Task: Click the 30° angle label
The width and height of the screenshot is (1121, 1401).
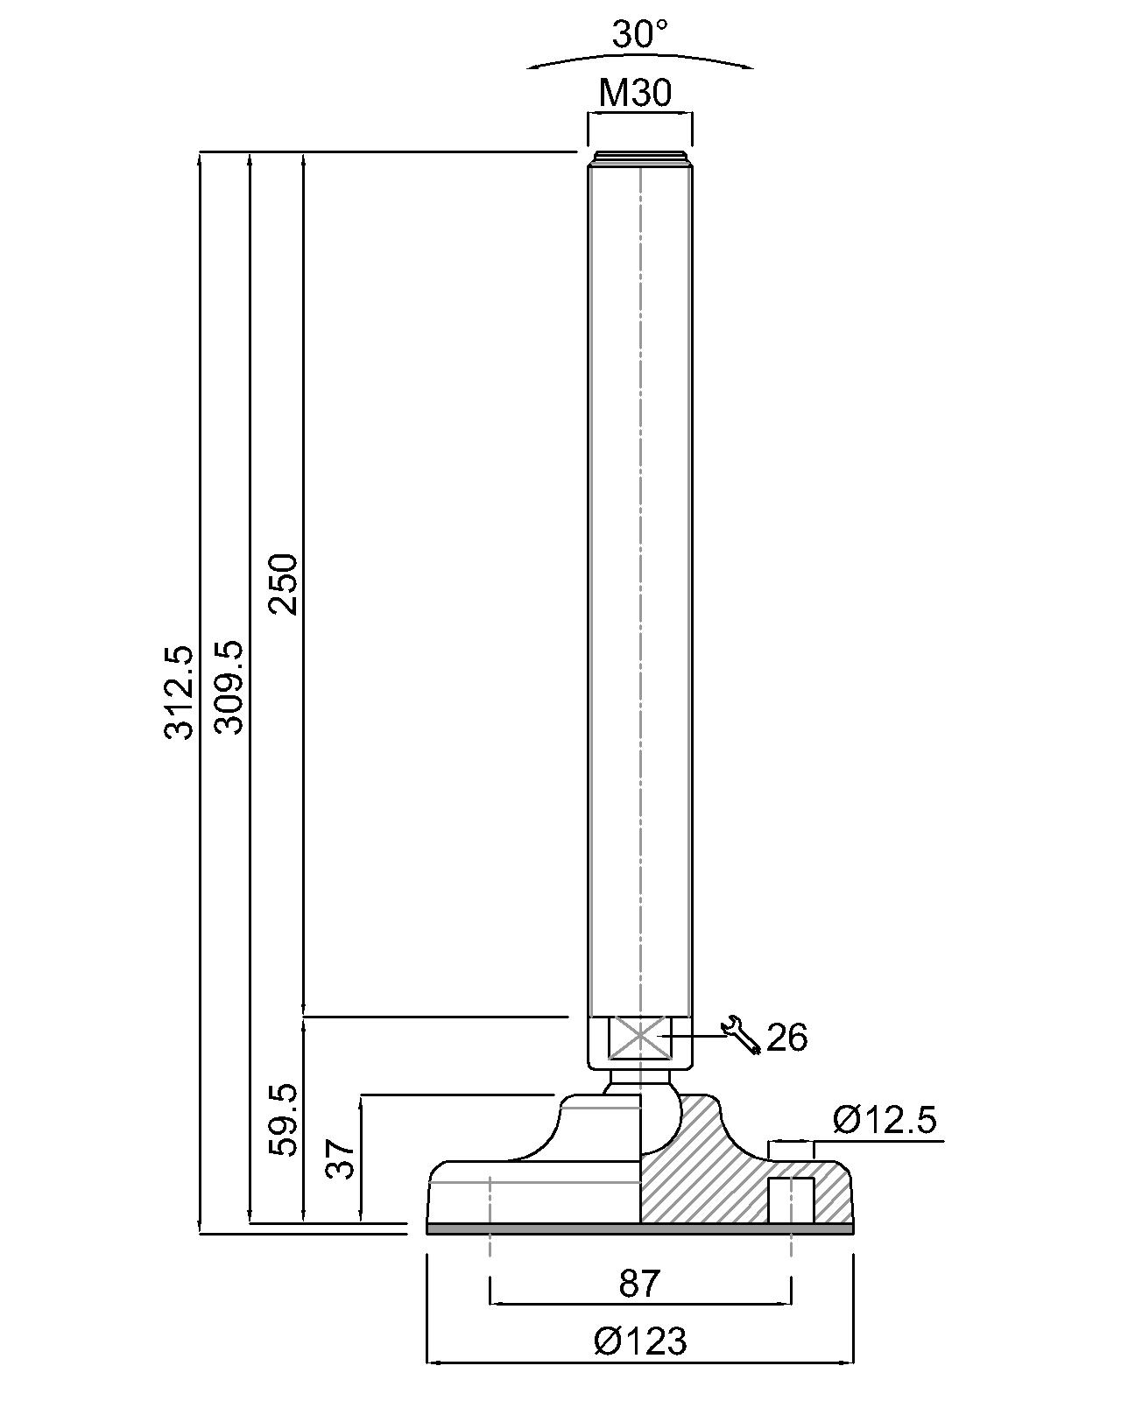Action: [x=639, y=34]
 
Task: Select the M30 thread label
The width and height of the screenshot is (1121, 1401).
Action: [x=634, y=93]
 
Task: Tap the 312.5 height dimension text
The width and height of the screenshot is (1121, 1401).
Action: [x=179, y=693]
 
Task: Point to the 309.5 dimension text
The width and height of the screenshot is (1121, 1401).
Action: [x=229, y=687]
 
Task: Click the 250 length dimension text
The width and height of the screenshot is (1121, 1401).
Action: [x=283, y=584]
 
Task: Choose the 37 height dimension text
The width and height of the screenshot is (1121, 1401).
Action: [x=339, y=1158]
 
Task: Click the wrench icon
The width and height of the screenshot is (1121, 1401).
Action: [x=741, y=1034]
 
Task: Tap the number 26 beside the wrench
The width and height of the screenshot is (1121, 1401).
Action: [x=786, y=1037]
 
